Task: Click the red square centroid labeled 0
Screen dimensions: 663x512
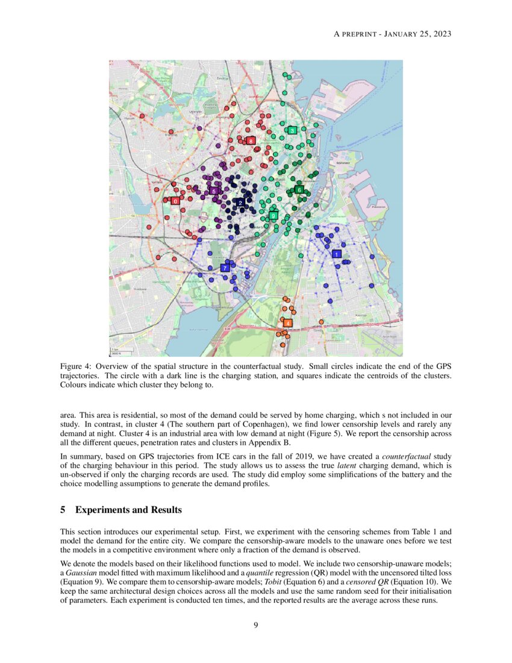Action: point(175,201)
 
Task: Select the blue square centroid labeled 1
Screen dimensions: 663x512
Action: point(336,254)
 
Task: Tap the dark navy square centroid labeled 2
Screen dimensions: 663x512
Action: point(240,203)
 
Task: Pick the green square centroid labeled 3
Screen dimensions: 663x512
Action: point(292,130)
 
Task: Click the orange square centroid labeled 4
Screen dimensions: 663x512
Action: point(288,323)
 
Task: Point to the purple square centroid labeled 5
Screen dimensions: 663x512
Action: point(213,191)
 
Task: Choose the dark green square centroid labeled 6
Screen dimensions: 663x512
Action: point(299,190)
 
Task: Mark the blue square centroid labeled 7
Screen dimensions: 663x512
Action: point(225,267)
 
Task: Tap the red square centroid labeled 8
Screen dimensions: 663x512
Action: point(251,140)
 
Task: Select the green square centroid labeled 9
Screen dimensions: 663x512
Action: point(273,215)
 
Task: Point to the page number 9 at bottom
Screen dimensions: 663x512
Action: point(256,625)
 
